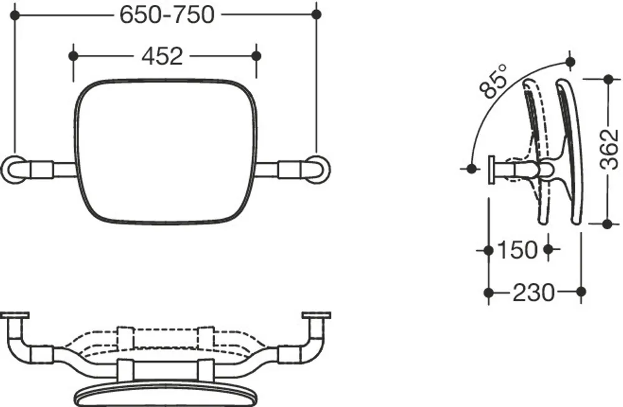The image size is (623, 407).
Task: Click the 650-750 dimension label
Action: coord(167,15)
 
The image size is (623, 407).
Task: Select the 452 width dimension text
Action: coord(162,56)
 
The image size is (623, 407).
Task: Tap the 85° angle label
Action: coord(494,81)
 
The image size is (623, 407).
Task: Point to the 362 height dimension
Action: coord(609,150)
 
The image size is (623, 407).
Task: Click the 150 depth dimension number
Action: coord(517,250)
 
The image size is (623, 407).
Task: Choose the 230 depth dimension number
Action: coord(534,293)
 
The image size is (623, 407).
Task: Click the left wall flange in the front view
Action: coord(15,169)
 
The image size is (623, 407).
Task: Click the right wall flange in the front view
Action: coord(317,169)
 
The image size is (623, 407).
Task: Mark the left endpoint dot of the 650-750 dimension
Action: coord(15,15)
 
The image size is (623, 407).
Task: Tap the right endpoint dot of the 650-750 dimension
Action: coord(316,15)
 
